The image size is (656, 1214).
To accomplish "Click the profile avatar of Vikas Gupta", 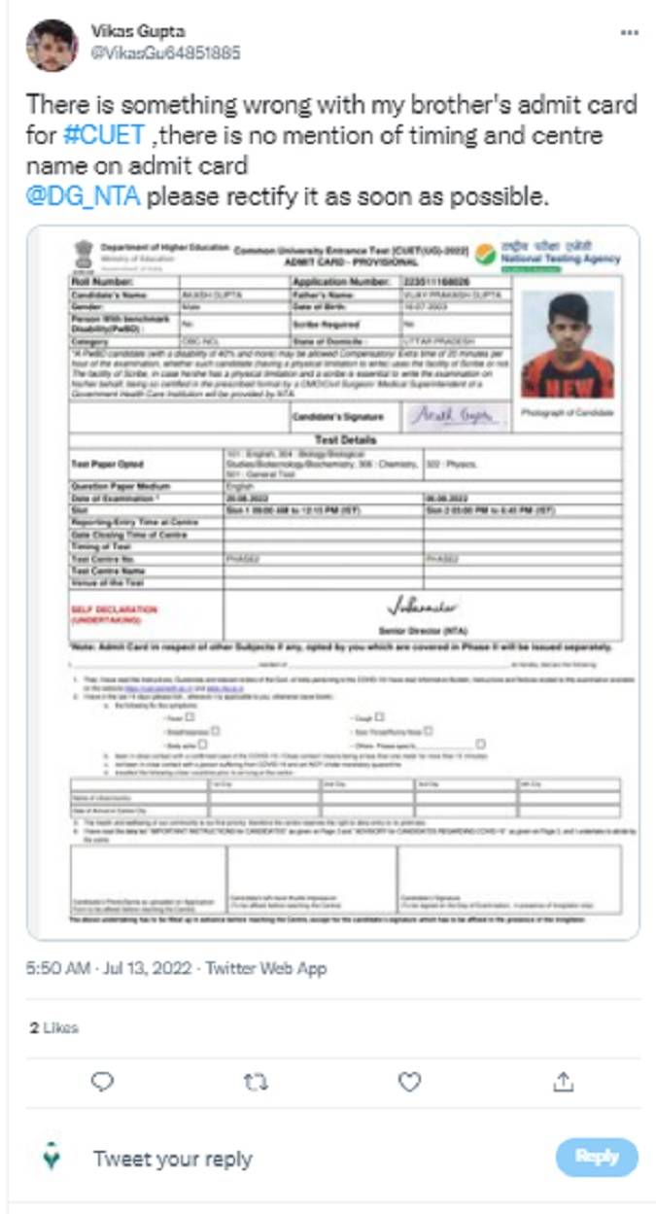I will (52, 45).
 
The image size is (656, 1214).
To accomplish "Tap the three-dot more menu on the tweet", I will (629, 32).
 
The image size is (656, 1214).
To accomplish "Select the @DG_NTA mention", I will (84, 197).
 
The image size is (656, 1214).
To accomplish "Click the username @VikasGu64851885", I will (165, 52).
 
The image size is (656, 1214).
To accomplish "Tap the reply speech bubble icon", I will (102, 1081).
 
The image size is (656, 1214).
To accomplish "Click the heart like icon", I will (410, 1081).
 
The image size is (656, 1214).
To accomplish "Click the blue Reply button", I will (597, 1157).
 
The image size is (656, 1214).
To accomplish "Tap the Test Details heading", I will (345, 439).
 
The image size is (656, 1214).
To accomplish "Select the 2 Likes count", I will (53, 1027).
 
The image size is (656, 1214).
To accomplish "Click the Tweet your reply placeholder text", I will (173, 1159).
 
